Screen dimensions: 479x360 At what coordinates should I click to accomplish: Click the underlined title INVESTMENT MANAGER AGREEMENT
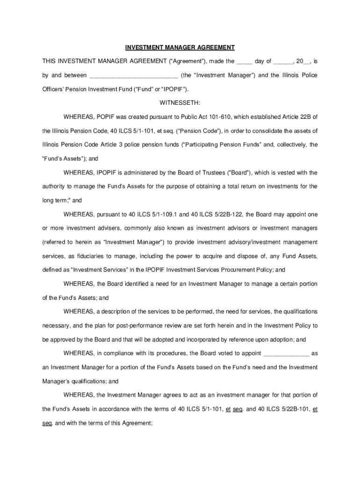click(x=180, y=48)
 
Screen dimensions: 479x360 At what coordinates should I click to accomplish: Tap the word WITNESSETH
click(x=180, y=102)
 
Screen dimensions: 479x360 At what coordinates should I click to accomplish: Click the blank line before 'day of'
click(x=244, y=61)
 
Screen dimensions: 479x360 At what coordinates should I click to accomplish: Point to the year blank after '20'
click(x=307, y=61)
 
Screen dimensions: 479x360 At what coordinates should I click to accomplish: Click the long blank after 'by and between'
click(x=133, y=75)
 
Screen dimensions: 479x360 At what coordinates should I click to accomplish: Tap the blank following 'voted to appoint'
click(x=286, y=353)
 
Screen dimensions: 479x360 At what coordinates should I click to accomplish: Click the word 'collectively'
click(x=290, y=145)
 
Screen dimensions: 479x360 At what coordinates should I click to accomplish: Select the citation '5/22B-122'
click(x=226, y=214)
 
